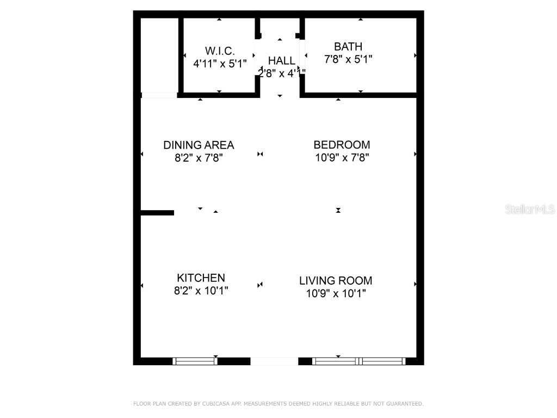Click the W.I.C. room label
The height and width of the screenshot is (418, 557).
220,51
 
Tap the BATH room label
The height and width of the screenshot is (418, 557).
348,47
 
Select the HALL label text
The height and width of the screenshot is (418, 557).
281,60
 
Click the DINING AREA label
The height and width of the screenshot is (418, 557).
199,145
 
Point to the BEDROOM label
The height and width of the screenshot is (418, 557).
342,145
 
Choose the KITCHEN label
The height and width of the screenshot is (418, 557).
201,278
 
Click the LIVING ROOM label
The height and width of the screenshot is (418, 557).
336,281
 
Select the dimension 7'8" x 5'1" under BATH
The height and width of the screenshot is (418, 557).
348,59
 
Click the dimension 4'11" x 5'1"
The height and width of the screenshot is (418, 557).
220,63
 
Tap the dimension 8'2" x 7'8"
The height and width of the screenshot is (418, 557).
199,158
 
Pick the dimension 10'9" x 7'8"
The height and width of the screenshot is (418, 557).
342,158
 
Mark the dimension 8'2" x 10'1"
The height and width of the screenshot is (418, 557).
201,291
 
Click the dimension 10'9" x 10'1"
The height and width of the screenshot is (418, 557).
336,294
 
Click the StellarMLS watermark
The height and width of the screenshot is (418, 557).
529,210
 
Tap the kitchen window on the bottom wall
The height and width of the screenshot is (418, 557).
195,361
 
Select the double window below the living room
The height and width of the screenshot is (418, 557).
359,361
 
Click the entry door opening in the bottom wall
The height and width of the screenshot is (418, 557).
274,361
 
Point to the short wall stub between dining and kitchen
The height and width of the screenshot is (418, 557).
157,213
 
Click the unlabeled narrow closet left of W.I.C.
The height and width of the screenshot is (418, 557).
159,54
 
